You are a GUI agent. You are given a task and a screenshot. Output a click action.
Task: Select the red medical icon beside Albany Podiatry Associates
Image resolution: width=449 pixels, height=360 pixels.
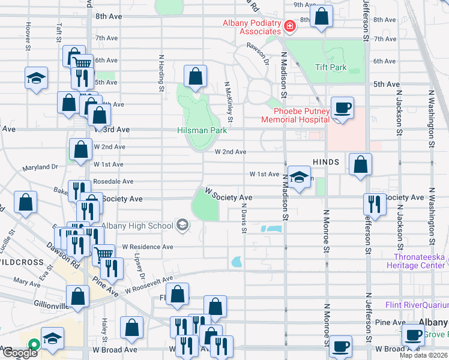(x=290, y=26)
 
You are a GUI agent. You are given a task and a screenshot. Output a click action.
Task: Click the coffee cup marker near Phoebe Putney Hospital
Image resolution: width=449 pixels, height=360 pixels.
(x=342, y=109)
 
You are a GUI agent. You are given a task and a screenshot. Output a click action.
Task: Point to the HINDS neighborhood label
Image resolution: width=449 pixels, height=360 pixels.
(x=325, y=163)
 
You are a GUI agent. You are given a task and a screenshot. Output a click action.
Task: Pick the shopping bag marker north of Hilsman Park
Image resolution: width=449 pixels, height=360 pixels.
(x=195, y=76)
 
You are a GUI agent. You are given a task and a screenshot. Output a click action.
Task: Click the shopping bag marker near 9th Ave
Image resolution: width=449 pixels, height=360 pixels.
(x=322, y=17)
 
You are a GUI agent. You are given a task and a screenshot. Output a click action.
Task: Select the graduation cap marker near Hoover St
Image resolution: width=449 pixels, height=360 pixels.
(x=36, y=78)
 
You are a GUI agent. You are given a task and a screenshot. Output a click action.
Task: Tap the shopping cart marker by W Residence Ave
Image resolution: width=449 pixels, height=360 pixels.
(x=103, y=254)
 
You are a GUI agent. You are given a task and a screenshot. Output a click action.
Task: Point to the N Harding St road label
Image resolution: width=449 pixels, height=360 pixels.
(x=161, y=73)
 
